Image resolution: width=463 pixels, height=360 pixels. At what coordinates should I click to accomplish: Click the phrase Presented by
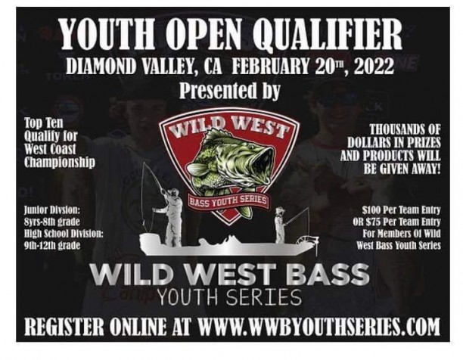pos(230,91)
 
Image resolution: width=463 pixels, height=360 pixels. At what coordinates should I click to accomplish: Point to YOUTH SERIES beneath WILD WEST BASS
pos(230,294)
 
